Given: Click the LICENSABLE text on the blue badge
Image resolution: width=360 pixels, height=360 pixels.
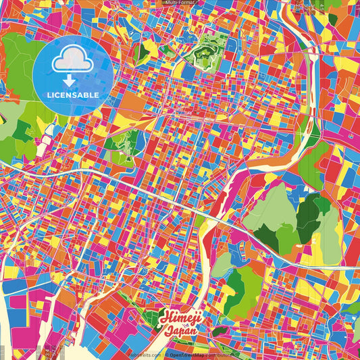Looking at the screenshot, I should point(72,94).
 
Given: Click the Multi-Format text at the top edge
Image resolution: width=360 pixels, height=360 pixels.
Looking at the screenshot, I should point(180,3).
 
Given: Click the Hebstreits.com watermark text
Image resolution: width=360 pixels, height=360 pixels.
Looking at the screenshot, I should point(144,353).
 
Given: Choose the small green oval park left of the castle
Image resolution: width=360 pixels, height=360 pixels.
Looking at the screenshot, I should point(137,53).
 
